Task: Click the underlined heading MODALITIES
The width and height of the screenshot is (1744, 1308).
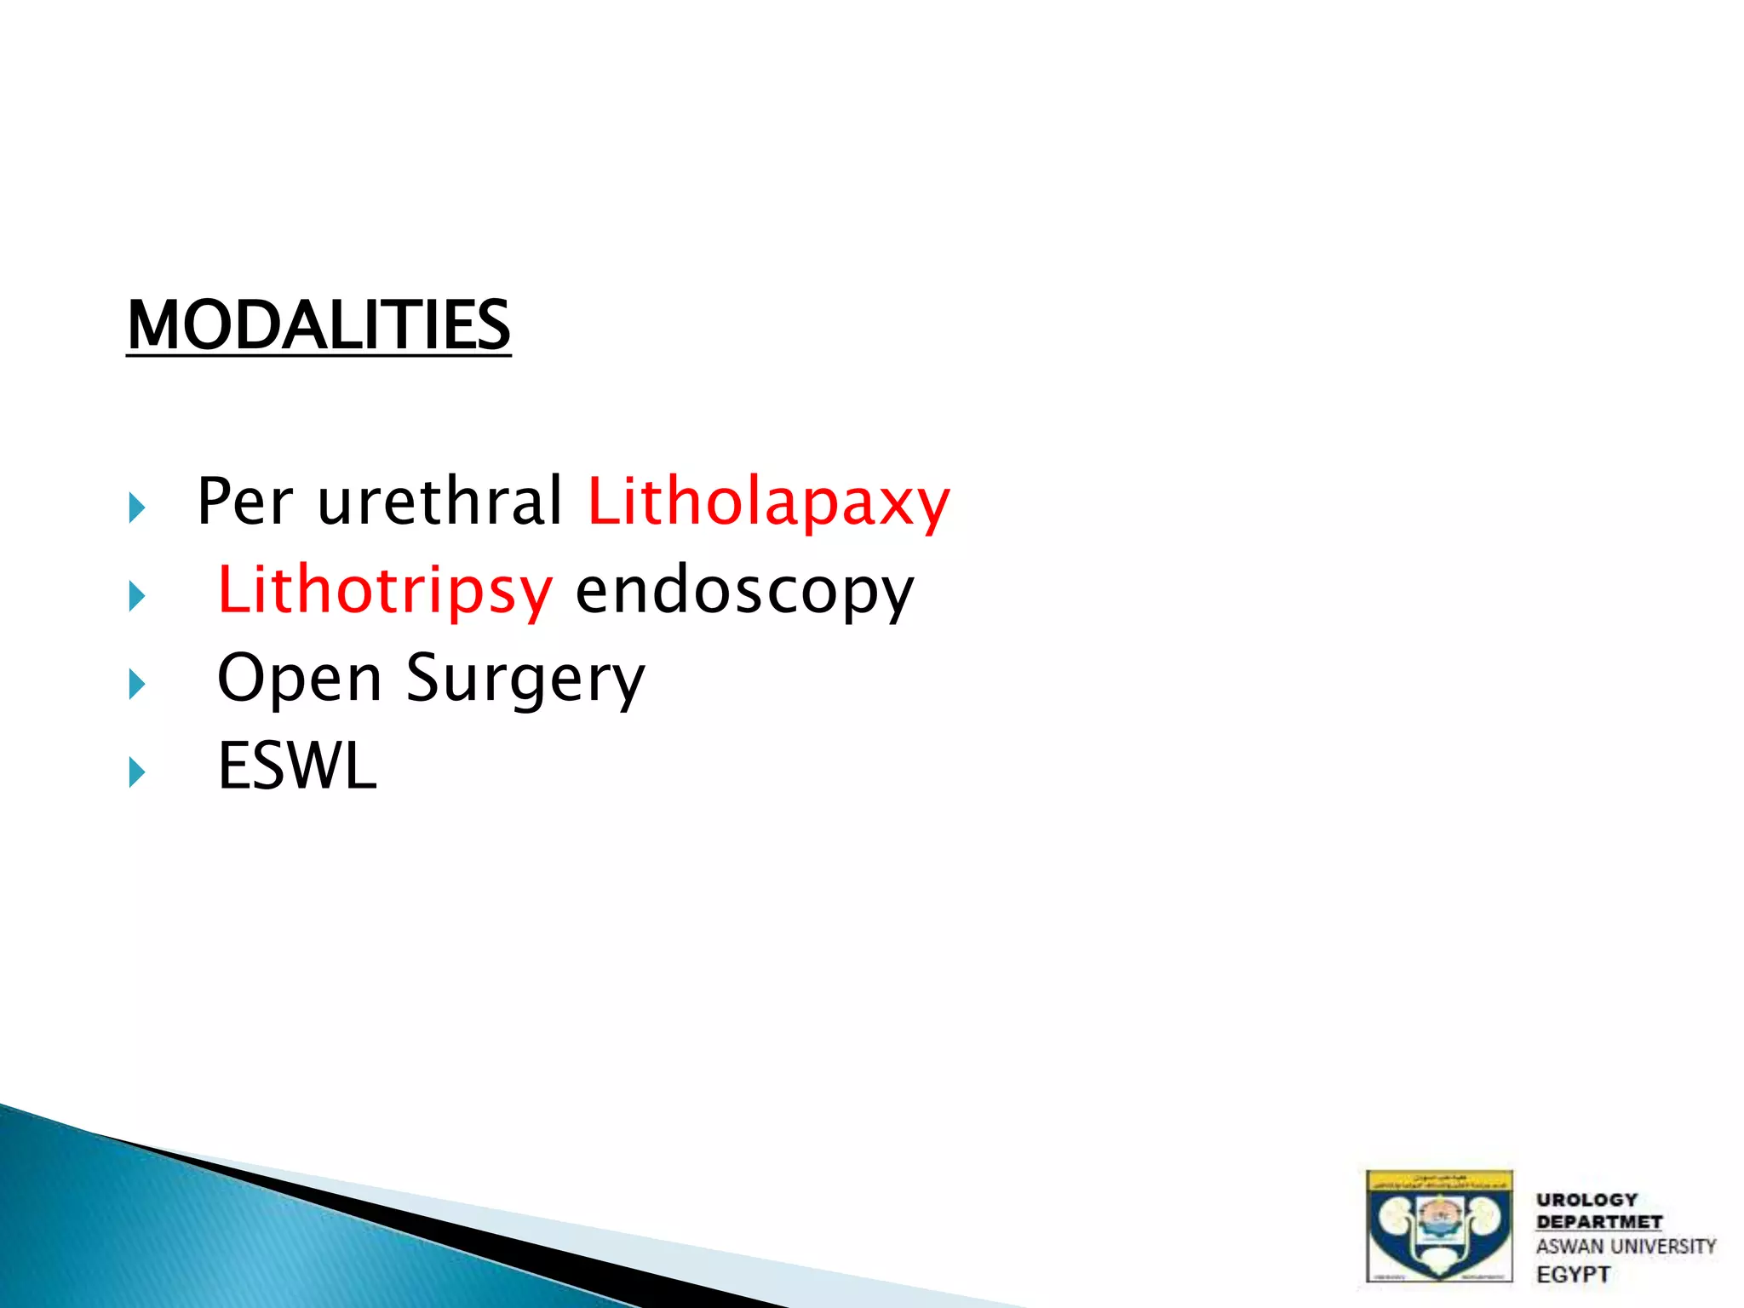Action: tap(318, 325)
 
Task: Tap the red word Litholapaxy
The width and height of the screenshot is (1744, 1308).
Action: tap(768, 502)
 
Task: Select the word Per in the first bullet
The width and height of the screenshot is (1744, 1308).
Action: tap(245, 501)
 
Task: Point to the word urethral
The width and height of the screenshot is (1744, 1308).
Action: tap(439, 501)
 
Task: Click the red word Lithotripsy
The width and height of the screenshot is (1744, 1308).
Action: tap(385, 591)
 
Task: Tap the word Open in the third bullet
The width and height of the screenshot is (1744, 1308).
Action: tap(300, 680)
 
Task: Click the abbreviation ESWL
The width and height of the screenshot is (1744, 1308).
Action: tap(297, 766)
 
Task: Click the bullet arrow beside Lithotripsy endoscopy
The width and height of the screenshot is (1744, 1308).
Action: tap(137, 596)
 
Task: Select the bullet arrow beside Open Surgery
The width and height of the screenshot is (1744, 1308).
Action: tap(137, 684)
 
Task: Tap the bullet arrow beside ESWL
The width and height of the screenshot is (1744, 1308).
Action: tap(137, 772)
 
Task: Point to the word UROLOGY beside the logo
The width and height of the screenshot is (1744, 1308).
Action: tap(1586, 1200)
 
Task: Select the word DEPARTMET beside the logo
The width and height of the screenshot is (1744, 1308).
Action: tap(1598, 1222)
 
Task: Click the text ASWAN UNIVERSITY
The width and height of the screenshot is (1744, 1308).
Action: tap(1626, 1247)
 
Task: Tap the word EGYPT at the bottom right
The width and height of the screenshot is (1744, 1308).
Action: tap(1573, 1274)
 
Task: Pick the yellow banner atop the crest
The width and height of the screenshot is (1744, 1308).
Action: tap(1439, 1181)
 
